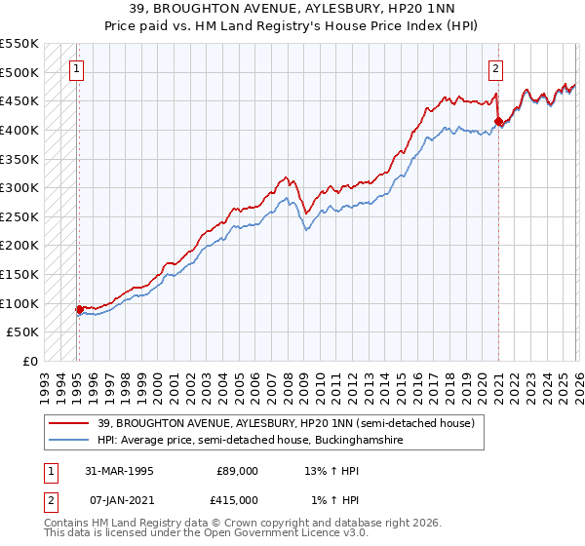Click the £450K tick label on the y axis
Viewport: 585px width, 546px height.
(19, 100)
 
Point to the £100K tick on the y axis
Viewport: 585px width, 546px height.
(19, 303)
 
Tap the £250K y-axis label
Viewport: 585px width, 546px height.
(19, 216)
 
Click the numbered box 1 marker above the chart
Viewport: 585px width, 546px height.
(77, 68)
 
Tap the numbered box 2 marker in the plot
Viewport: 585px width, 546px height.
(496, 68)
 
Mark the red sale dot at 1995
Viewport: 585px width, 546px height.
(79, 310)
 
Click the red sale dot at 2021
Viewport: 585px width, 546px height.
(498, 121)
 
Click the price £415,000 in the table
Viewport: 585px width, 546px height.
(237, 500)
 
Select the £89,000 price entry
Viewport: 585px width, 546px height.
(237, 471)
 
